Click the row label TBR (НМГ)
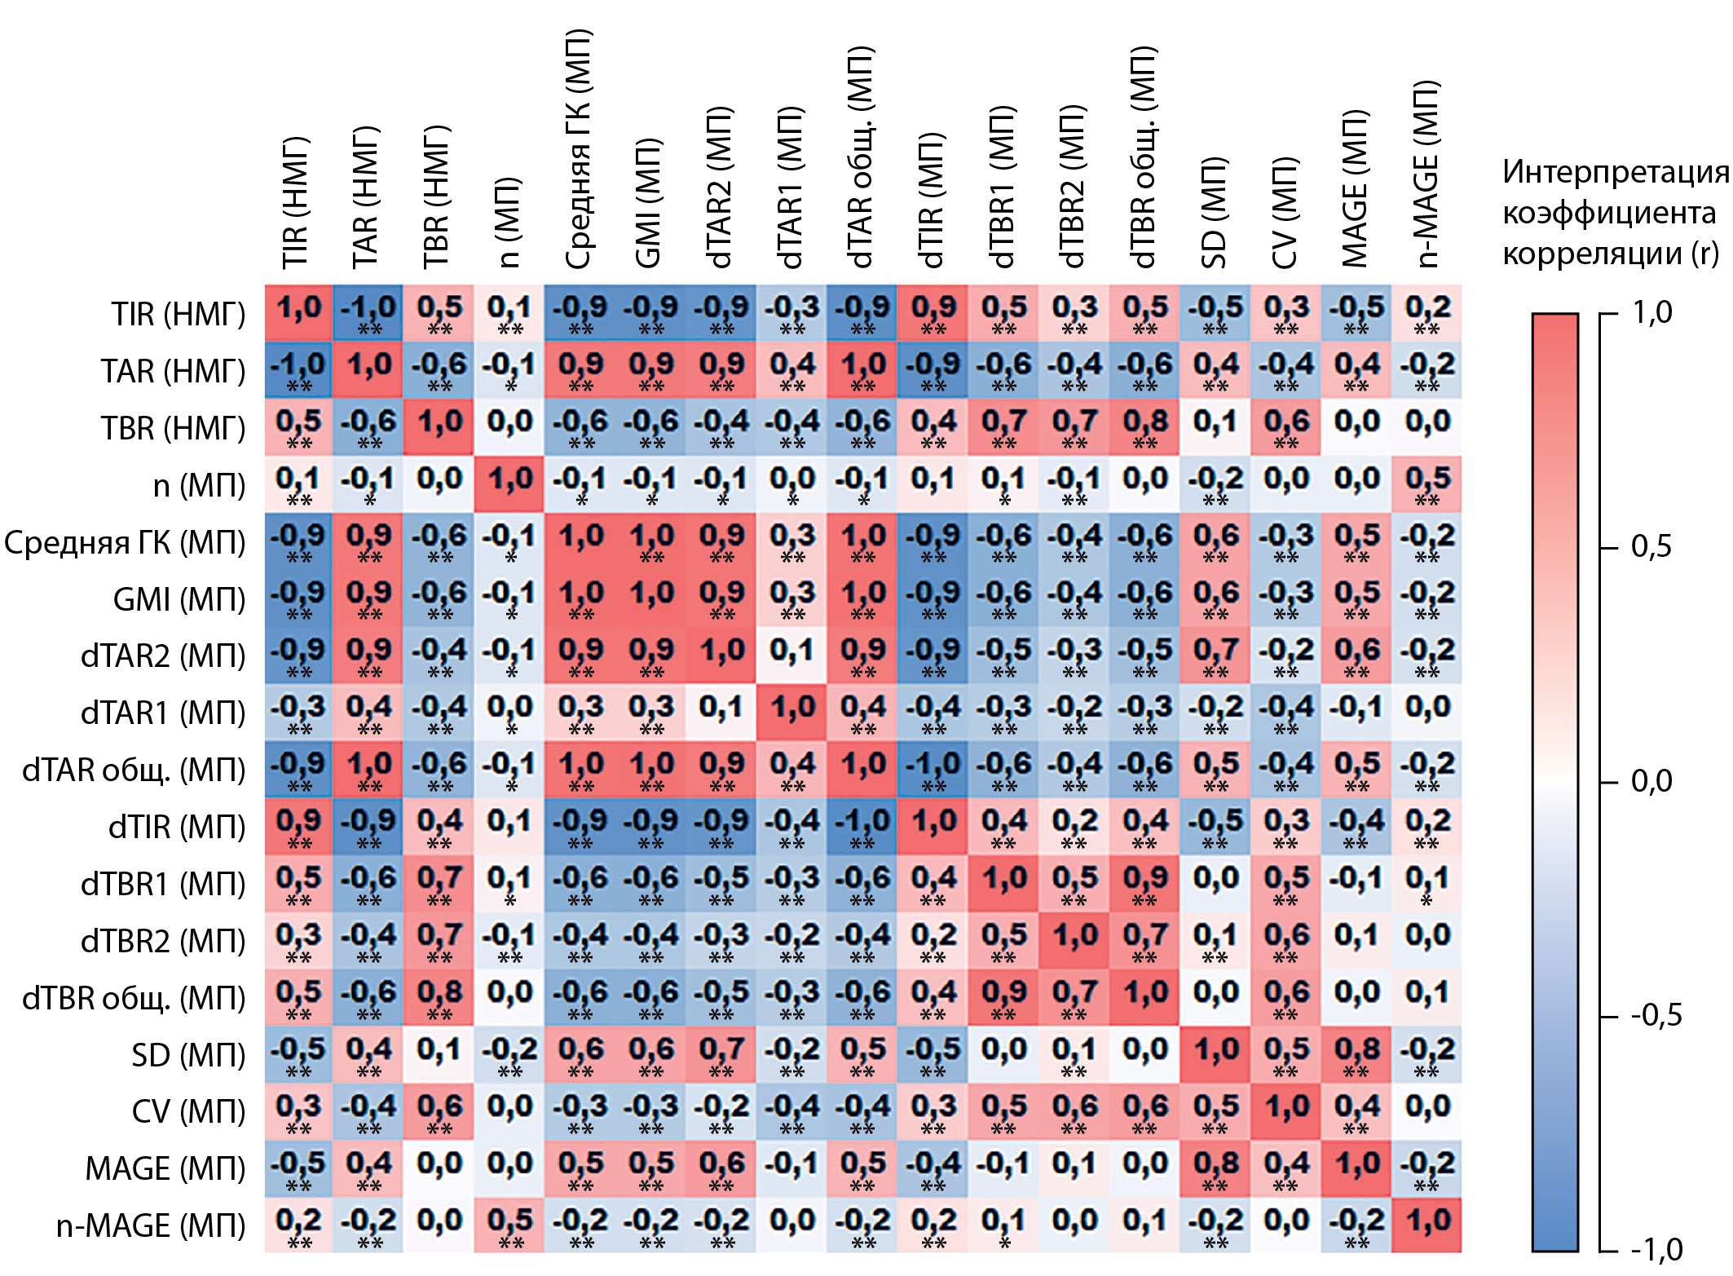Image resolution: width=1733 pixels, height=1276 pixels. coord(173,428)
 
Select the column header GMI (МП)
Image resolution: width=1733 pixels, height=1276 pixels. coord(650,204)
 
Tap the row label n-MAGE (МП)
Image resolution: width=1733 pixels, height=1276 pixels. coord(151,1225)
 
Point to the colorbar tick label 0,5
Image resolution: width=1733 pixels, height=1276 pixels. coord(1651,547)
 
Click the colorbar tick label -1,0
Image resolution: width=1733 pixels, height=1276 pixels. coord(1655,1249)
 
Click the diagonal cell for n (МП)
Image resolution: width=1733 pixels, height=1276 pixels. coord(509,484)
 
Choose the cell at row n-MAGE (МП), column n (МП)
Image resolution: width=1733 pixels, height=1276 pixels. coord(509,1225)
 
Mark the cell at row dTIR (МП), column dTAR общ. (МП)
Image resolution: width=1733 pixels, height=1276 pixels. coord(862,827)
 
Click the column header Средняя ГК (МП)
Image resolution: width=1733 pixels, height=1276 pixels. coord(580,151)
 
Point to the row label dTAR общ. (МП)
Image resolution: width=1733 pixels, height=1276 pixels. coord(134,770)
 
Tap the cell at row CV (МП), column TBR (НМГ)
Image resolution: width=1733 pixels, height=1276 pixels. coord(439,1111)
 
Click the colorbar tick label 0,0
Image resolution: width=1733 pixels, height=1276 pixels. coord(1651,781)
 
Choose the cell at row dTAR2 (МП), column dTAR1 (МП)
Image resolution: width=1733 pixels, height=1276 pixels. coord(792,656)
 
